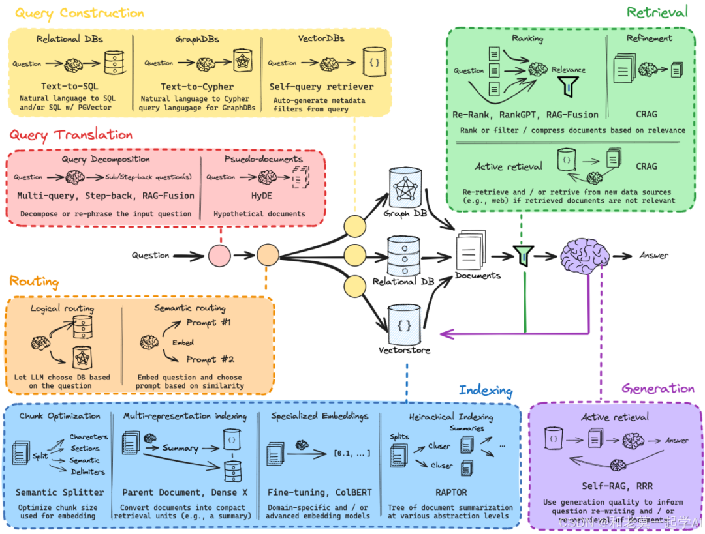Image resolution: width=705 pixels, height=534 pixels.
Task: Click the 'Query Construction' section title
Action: pos(80,12)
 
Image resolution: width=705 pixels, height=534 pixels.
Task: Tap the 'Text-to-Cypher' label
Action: pos(196,86)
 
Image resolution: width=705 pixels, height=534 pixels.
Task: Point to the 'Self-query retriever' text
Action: pos(321,86)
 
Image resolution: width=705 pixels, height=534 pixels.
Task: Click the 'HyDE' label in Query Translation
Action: pos(259,195)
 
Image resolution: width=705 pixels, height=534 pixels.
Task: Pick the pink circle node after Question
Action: pos(219,256)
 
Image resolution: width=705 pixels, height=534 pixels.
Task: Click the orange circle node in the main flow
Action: pos(268,256)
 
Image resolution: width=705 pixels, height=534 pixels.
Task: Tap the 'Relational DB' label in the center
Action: pos(403,282)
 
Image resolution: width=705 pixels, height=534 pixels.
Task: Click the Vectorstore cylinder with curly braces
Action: pos(403,324)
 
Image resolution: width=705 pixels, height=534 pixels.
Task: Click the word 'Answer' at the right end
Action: pos(653,255)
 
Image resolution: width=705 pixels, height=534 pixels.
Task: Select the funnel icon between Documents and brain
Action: pos(523,256)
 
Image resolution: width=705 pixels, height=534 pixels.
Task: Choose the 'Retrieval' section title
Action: pos(657,12)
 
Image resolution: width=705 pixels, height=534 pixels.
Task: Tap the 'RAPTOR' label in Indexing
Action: pos(450,492)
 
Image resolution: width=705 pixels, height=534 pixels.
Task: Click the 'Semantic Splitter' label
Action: pos(60,492)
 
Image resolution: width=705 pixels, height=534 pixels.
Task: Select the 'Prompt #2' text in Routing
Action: pos(210,359)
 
